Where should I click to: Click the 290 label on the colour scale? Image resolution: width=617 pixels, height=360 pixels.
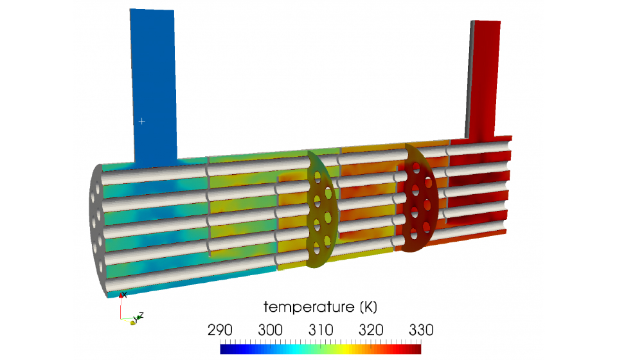pos(220,330)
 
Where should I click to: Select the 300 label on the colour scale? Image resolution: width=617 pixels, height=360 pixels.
pos(271,330)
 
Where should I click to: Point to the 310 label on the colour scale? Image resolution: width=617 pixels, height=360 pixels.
pos(321,330)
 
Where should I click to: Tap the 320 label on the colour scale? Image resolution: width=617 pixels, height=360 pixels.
pos(371,330)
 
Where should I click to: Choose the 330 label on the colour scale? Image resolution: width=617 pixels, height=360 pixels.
pos(421,330)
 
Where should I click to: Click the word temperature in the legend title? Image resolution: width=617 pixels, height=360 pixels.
pos(309,307)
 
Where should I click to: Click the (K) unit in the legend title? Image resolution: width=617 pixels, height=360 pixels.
pos(368,307)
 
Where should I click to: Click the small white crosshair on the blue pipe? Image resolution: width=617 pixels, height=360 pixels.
pos(141,122)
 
